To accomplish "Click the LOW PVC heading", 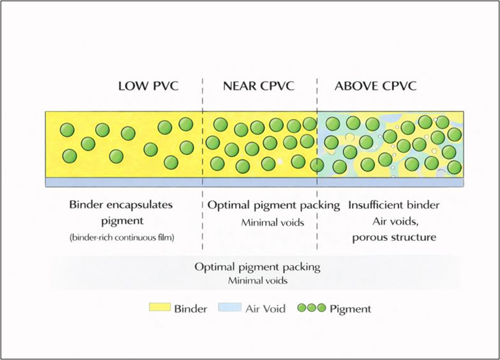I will [x=148, y=86].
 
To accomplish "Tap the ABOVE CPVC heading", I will [x=376, y=86].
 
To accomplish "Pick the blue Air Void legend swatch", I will [x=230, y=308].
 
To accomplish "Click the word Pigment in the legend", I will [x=350, y=308].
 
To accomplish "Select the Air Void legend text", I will [x=265, y=308].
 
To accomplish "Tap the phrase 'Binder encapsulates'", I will [x=121, y=205].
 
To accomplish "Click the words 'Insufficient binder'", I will [x=394, y=205].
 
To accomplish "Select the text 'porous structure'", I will [x=394, y=236].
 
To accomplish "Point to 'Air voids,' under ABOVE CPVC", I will [x=394, y=221].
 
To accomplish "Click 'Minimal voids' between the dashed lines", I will [x=272, y=223].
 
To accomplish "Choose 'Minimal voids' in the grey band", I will [x=257, y=281].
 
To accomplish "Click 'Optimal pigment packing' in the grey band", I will [x=257, y=267].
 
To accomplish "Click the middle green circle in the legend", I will [x=312, y=308].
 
